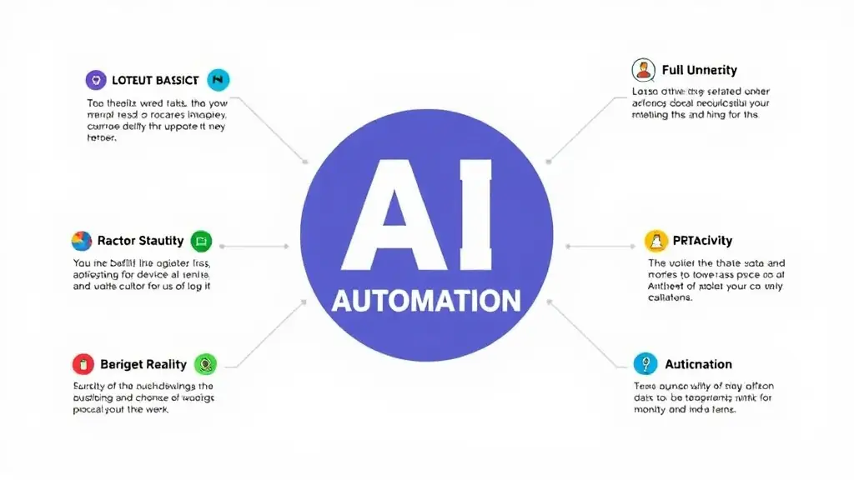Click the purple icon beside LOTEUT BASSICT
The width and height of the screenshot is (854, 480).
point(96,80)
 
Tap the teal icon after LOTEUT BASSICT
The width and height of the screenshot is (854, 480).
point(218,80)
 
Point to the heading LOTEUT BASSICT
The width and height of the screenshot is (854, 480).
point(156,80)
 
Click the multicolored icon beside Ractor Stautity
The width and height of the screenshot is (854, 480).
point(82,242)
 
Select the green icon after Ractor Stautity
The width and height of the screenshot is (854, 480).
point(201,242)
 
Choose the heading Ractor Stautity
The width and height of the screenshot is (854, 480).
point(140,242)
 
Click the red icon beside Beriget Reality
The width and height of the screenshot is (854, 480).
point(83,364)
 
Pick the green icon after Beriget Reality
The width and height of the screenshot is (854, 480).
point(205,364)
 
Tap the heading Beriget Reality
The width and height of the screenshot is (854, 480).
point(143,364)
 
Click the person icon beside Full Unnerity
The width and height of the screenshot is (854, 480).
point(642,70)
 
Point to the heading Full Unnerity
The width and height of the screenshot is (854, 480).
point(699,70)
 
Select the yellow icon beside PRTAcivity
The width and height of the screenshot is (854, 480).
point(657,242)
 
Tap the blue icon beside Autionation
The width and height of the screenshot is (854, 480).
point(645,364)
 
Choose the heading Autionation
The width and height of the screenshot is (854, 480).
point(698,364)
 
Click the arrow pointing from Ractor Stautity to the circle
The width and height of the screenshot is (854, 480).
point(254,247)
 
